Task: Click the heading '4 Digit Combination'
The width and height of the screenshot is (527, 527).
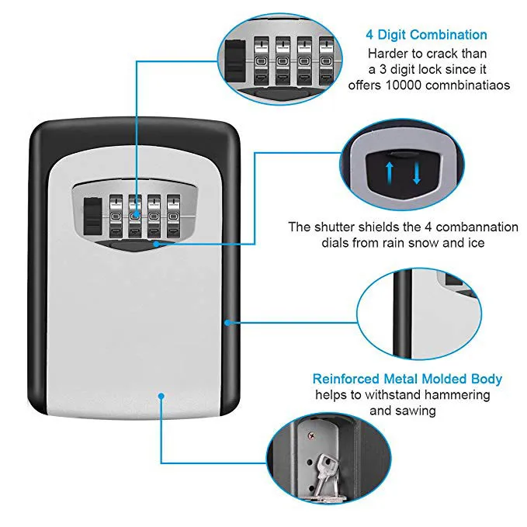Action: pyautogui.click(x=426, y=34)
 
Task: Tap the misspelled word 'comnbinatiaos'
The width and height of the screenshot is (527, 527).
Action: pyautogui.click(x=467, y=85)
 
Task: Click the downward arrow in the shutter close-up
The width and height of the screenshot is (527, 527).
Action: pyautogui.click(x=417, y=171)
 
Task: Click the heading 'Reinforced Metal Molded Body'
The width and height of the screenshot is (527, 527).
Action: pyautogui.click(x=407, y=379)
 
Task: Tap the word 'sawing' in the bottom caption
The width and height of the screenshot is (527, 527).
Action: pyautogui.click(x=418, y=410)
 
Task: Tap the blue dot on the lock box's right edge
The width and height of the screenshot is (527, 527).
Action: pyautogui.click(x=227, y=321)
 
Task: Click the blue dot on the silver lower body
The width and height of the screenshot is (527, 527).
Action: pyautogui.click(x=161, y=394)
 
